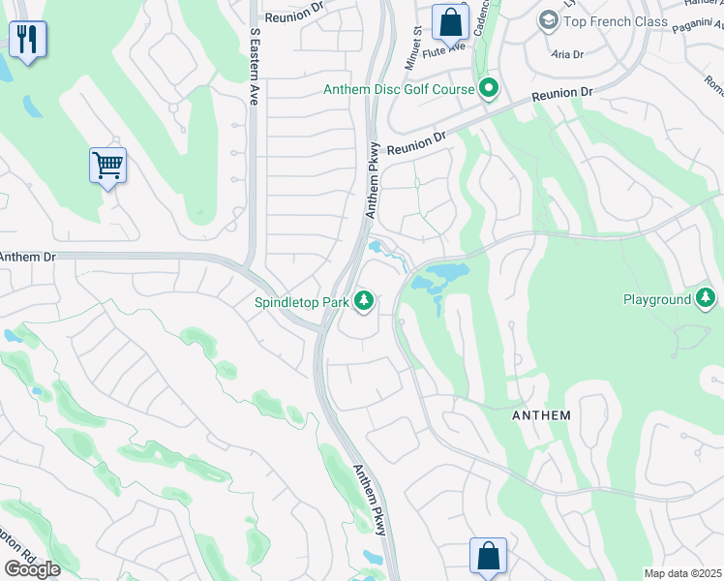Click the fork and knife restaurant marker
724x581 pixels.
point(27,40)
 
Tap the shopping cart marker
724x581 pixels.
point(107,166)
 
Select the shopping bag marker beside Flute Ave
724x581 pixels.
point(450,20)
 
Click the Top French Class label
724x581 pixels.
point(616,21)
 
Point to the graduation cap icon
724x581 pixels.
point(549,21)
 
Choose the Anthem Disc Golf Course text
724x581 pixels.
point(399,90)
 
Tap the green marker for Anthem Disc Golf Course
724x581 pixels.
point(489,90)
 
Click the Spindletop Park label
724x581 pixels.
point(301,302)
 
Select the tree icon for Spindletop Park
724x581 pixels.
point(364,302)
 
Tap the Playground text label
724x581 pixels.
point(656,299)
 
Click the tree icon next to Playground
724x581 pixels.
point(706,298)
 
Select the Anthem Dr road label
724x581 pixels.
point(28,258)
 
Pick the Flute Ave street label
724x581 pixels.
point(447,45)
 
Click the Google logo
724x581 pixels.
point(32,568)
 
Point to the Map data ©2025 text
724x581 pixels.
point(682,573)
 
